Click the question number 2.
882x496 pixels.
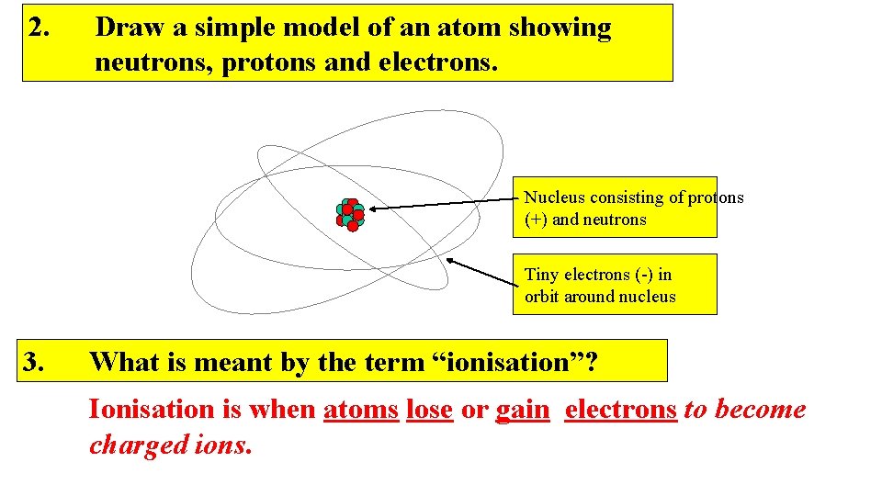39,28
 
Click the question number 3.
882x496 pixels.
39,362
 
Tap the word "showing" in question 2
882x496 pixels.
562,28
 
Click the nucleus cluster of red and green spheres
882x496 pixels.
350,213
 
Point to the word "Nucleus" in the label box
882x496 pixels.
555,197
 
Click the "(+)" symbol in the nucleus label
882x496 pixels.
537,220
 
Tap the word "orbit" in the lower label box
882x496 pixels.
543,297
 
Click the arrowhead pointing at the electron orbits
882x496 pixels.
451,261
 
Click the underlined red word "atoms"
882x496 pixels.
361,410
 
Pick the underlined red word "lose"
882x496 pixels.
429,410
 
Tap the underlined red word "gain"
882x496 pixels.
522,410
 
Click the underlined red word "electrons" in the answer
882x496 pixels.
621,410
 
